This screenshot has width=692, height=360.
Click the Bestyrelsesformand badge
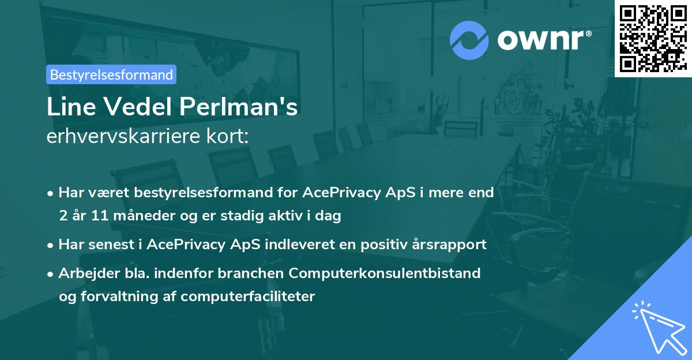point(111,74)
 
